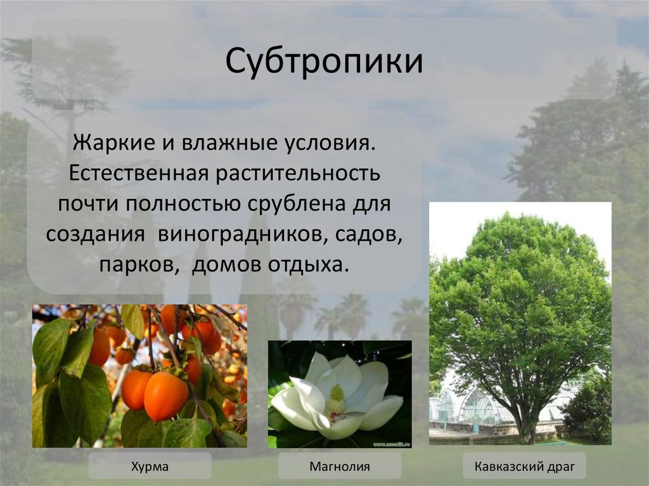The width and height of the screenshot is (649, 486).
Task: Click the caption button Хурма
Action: pos(150,467)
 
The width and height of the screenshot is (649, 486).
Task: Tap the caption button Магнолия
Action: pos(339,467)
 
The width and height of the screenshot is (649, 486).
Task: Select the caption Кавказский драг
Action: pos(524,467)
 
